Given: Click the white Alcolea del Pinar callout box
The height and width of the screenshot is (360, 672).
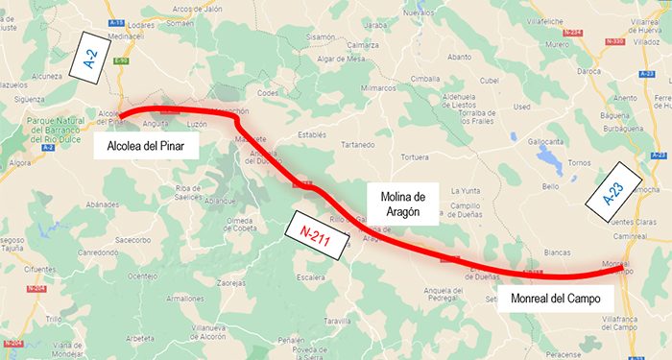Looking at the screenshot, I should [146, 146].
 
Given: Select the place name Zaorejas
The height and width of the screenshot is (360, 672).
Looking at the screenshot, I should [230, 283].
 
